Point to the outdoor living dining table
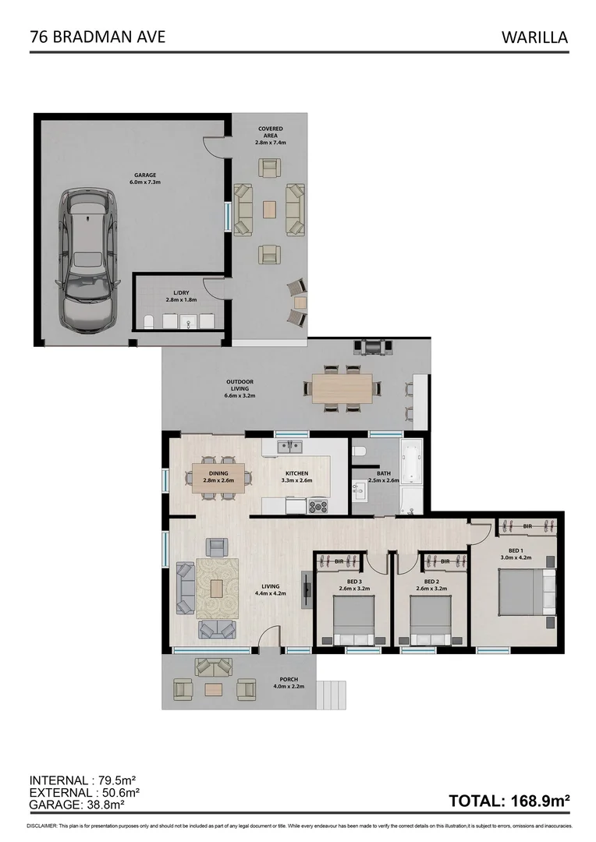click(x=342, y=387)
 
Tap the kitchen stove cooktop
click(x=318, y=505)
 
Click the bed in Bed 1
click(x=518, y=593)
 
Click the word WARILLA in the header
click(x=534, y=37)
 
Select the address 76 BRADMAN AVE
click(x=97, y=37)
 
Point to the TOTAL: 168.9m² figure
click(x=509, y=801)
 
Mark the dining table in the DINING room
click(x=218, y=476)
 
